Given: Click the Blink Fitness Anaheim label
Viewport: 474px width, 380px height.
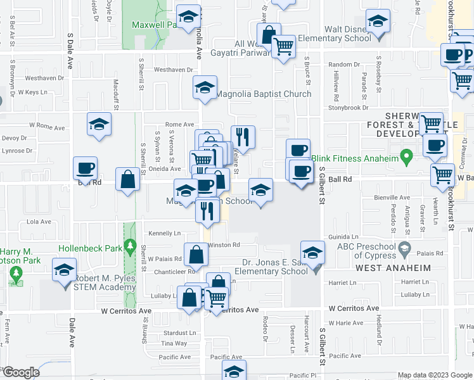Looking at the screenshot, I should tap(355, 158).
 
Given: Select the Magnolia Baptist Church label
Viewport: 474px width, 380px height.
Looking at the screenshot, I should tap(264, 94).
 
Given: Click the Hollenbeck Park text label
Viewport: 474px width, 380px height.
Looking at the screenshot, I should tap(89, 248).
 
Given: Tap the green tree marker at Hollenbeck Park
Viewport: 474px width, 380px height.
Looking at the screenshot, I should tap(131, 244).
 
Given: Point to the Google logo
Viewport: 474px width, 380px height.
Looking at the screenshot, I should tap(21, 372).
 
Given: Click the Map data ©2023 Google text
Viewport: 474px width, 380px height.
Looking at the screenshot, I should tap(434, 375).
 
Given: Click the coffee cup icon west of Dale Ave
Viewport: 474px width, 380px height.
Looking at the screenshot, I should tap(86, 168).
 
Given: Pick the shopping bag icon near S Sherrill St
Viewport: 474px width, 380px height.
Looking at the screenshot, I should tap(128, 179).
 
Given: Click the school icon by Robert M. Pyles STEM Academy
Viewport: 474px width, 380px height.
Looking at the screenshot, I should tap(65, 271).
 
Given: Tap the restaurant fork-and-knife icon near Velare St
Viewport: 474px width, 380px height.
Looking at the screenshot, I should tap(243, 136).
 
